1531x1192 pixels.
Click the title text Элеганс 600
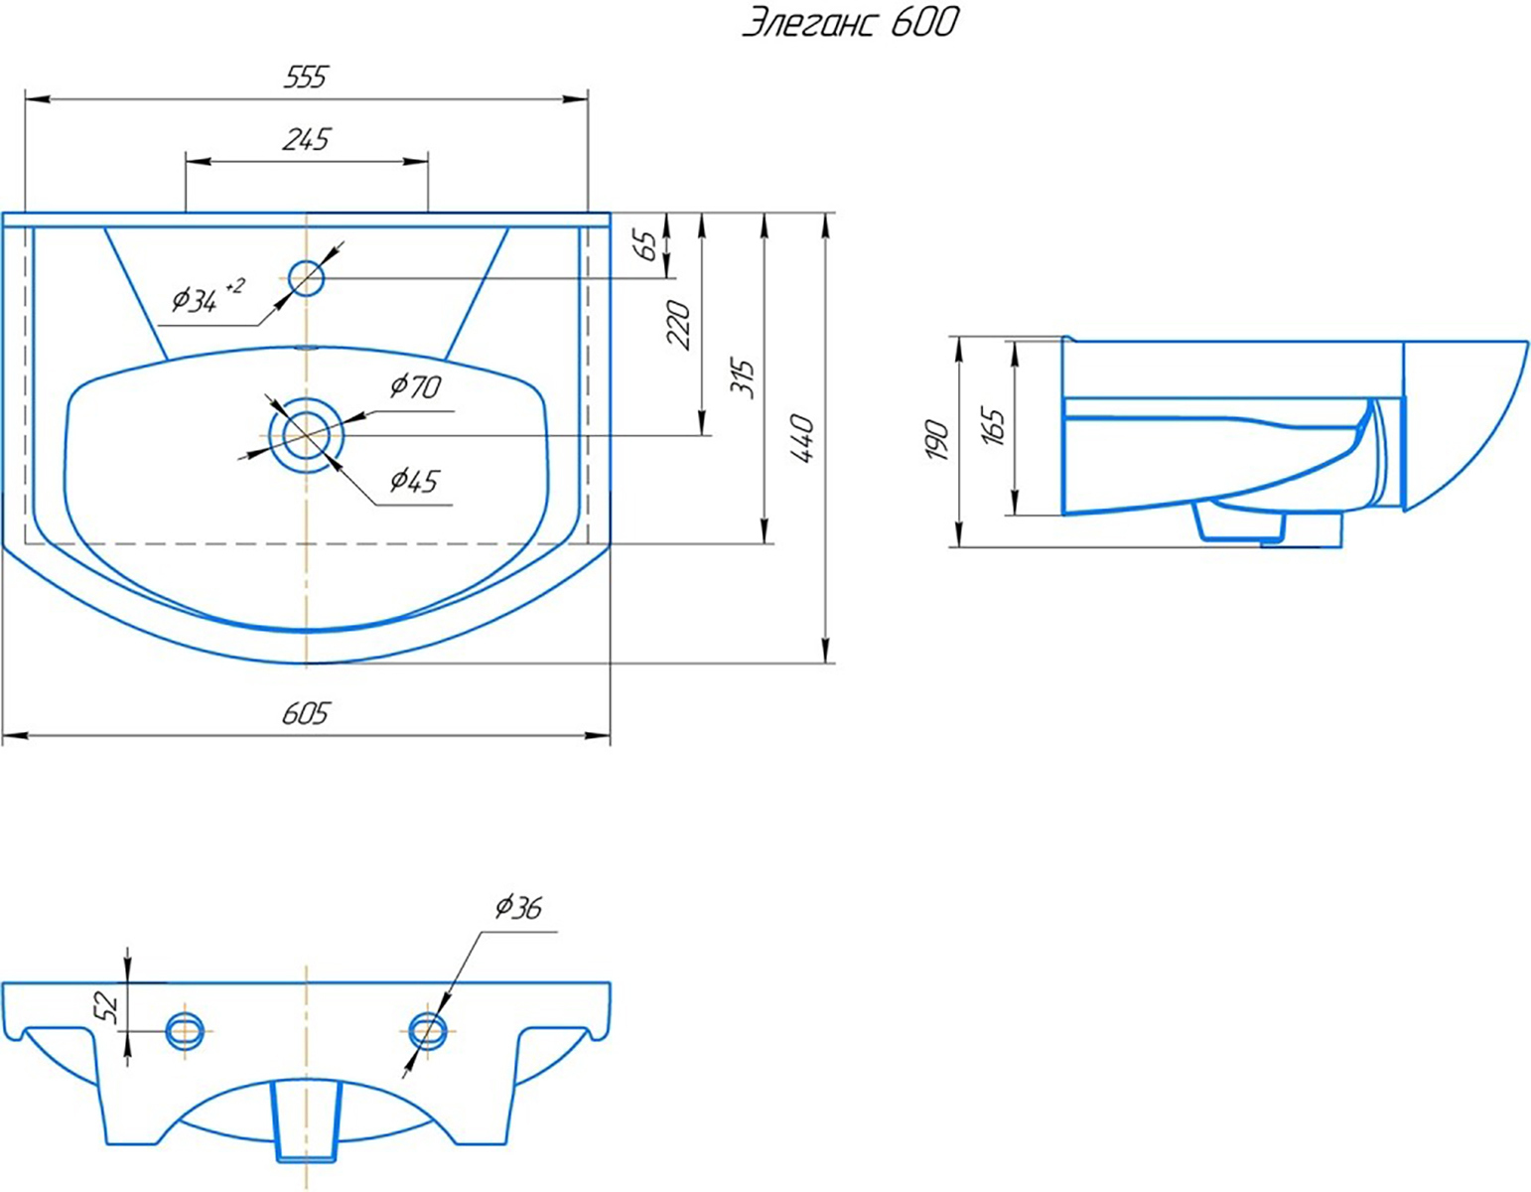[851, 23]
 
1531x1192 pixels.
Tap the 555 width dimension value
[306, 76]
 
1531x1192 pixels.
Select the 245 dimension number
[306, 140]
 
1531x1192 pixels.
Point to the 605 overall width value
[306, 714]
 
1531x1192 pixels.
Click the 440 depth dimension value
[804, 438]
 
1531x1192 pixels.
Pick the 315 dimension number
[743, 379]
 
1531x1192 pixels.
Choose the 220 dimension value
[679, 325]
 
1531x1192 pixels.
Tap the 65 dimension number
[646, 244]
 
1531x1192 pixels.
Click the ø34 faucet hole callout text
[209, 297]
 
